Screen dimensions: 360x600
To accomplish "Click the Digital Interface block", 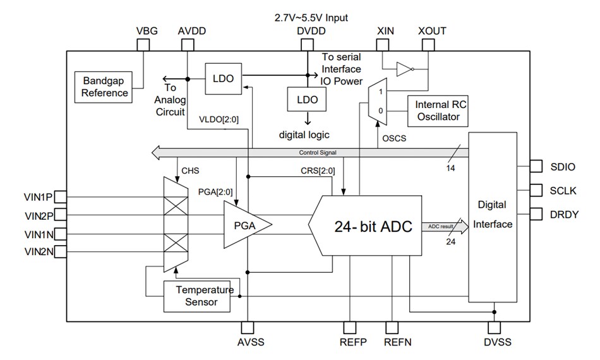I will pyautogui.click(x=493, y=215).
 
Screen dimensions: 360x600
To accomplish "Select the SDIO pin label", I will pyautogui.click(x=563, y=167).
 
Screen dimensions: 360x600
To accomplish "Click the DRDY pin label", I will pyautogui.click(x=564, y=214).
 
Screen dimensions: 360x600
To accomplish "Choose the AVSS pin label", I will pyautogui.click(x=249, y=342).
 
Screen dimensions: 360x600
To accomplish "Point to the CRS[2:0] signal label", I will pyautogui.click(x=318, y=171).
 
